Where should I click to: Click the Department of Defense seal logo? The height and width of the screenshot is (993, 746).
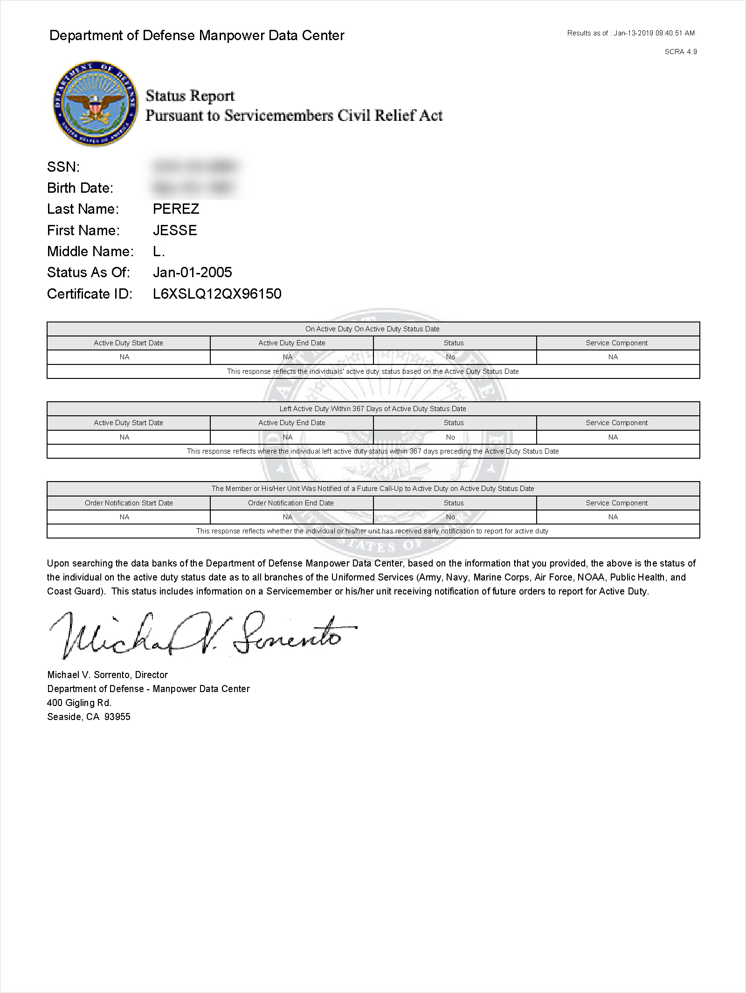(x=96, y=104)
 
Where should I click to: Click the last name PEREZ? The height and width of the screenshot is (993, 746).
(x=176, y=209)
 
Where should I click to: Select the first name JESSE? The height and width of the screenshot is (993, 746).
(x=175, y=230)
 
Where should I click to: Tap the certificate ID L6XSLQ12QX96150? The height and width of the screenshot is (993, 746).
(x=217, y=294)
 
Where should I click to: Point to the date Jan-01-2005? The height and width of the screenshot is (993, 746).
(x=192, y=273)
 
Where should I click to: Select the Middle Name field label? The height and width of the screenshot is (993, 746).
(x=90, y=252)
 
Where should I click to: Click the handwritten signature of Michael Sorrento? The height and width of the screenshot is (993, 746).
(x=203, y=635)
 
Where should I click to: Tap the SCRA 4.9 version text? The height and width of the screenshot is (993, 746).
(x=680, y=52)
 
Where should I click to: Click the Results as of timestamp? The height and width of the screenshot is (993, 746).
(x=631, y=33)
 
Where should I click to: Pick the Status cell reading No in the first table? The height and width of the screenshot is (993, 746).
(x=450, y=357)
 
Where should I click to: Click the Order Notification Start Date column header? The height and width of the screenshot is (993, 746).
(x=129, y=503)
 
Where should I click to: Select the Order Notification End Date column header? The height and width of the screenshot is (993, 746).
(x=291, y=503)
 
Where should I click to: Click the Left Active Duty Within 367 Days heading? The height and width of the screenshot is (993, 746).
(x=373, y=409)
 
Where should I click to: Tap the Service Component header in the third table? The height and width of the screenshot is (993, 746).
(x=616, y=503)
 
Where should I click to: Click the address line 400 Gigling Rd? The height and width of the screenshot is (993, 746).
(x=79, y=703)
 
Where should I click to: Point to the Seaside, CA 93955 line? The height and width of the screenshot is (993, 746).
(x=89, y=717)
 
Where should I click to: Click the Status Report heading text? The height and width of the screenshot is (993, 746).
(x=190, y=96)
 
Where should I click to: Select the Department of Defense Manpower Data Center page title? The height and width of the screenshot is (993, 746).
(x=197, y=35)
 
